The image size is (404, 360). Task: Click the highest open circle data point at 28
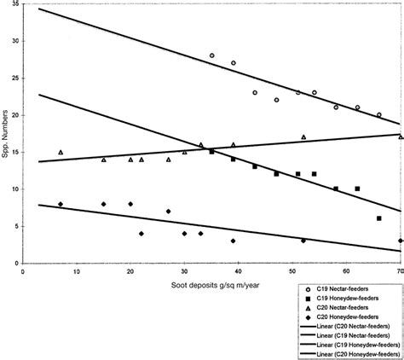click(212, 55)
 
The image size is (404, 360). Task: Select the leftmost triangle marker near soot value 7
click(61, 152)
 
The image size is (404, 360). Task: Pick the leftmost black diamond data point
click(61, 204)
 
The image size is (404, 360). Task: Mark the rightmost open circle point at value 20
click(379, 114)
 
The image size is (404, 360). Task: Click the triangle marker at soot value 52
click(303, 136)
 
